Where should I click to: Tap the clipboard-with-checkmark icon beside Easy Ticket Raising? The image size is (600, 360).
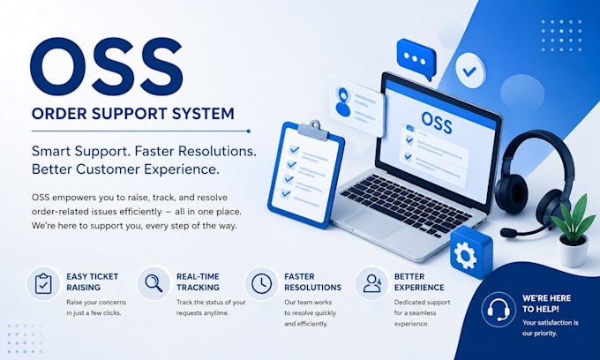pyautogui.click(x=43, y=283)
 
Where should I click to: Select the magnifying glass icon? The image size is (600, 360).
pyautogui.click(x=154, y=283)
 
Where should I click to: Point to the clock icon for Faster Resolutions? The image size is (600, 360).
pyautogui.click(x=262, y=283)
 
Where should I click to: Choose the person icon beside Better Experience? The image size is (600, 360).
pyautogui.click(x=372, y=283)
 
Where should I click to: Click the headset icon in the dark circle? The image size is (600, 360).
pyautogui.click(x=499, y=310)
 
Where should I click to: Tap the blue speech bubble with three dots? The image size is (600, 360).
pyautogui.click(x=416, y=58)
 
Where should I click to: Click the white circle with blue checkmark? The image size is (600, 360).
pyautogui.click(x=470, y=71)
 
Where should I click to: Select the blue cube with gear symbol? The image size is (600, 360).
pyautogui.click(x=470, y=251)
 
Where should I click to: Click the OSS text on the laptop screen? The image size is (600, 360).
pyautogui.click(x=436, y=123)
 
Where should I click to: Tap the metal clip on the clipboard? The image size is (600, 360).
pyautogui.click(x=313, y=131)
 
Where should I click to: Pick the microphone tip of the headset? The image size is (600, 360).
pyautogui.click(x=507, y=233)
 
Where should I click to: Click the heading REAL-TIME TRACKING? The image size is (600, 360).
pyautogui.click(x=198, y=282)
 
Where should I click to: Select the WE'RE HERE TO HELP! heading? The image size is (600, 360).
pyautogui.click(x=546, y=304)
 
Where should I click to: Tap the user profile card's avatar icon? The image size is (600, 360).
pyautogui.click(x=343, y=101)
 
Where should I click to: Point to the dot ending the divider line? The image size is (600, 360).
pyautogui.click(x=249, y=131)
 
